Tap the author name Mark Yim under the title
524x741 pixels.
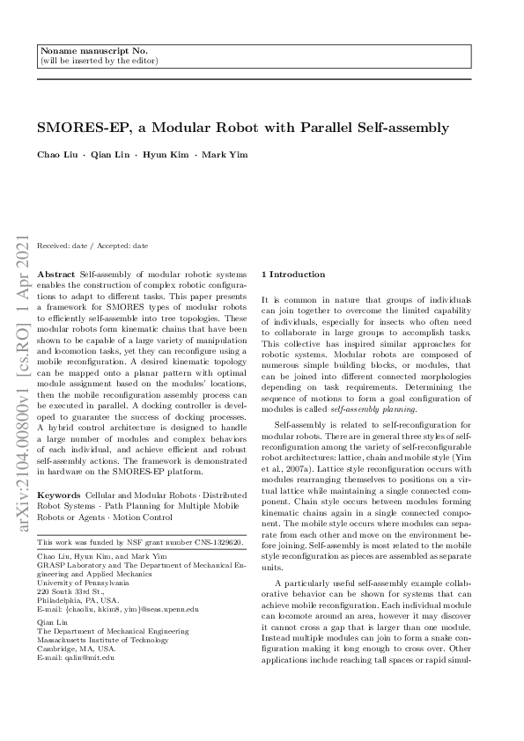point(225,155)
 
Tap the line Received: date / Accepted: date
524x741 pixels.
point(92,246)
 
